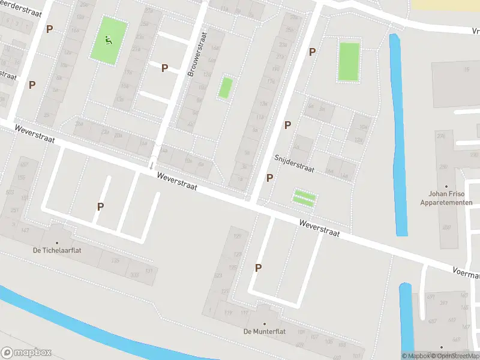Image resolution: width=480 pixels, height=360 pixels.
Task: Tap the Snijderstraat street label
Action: coord(294,163)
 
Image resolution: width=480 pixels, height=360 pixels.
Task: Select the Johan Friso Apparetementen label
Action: coord(446,198)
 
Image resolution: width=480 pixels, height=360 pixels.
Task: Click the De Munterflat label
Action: coord(264,331)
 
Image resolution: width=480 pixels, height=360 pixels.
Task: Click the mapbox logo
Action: coord(26,353)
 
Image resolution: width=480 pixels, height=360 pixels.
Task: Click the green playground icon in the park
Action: coord(109,40)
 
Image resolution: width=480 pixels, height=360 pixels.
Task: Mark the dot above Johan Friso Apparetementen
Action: coord(446,186)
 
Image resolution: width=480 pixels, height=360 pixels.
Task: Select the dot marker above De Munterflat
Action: coord(264,307)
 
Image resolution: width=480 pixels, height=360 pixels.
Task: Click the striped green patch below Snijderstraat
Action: coord(305,197)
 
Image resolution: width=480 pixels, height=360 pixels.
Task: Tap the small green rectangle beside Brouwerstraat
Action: coord(225,88)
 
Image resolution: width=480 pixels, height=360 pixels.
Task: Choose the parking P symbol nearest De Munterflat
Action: coord(259,268)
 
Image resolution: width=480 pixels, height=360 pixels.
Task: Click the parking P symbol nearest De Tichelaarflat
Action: coord(100,206)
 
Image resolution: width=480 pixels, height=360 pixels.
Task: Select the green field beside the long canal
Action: coord(349,61)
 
